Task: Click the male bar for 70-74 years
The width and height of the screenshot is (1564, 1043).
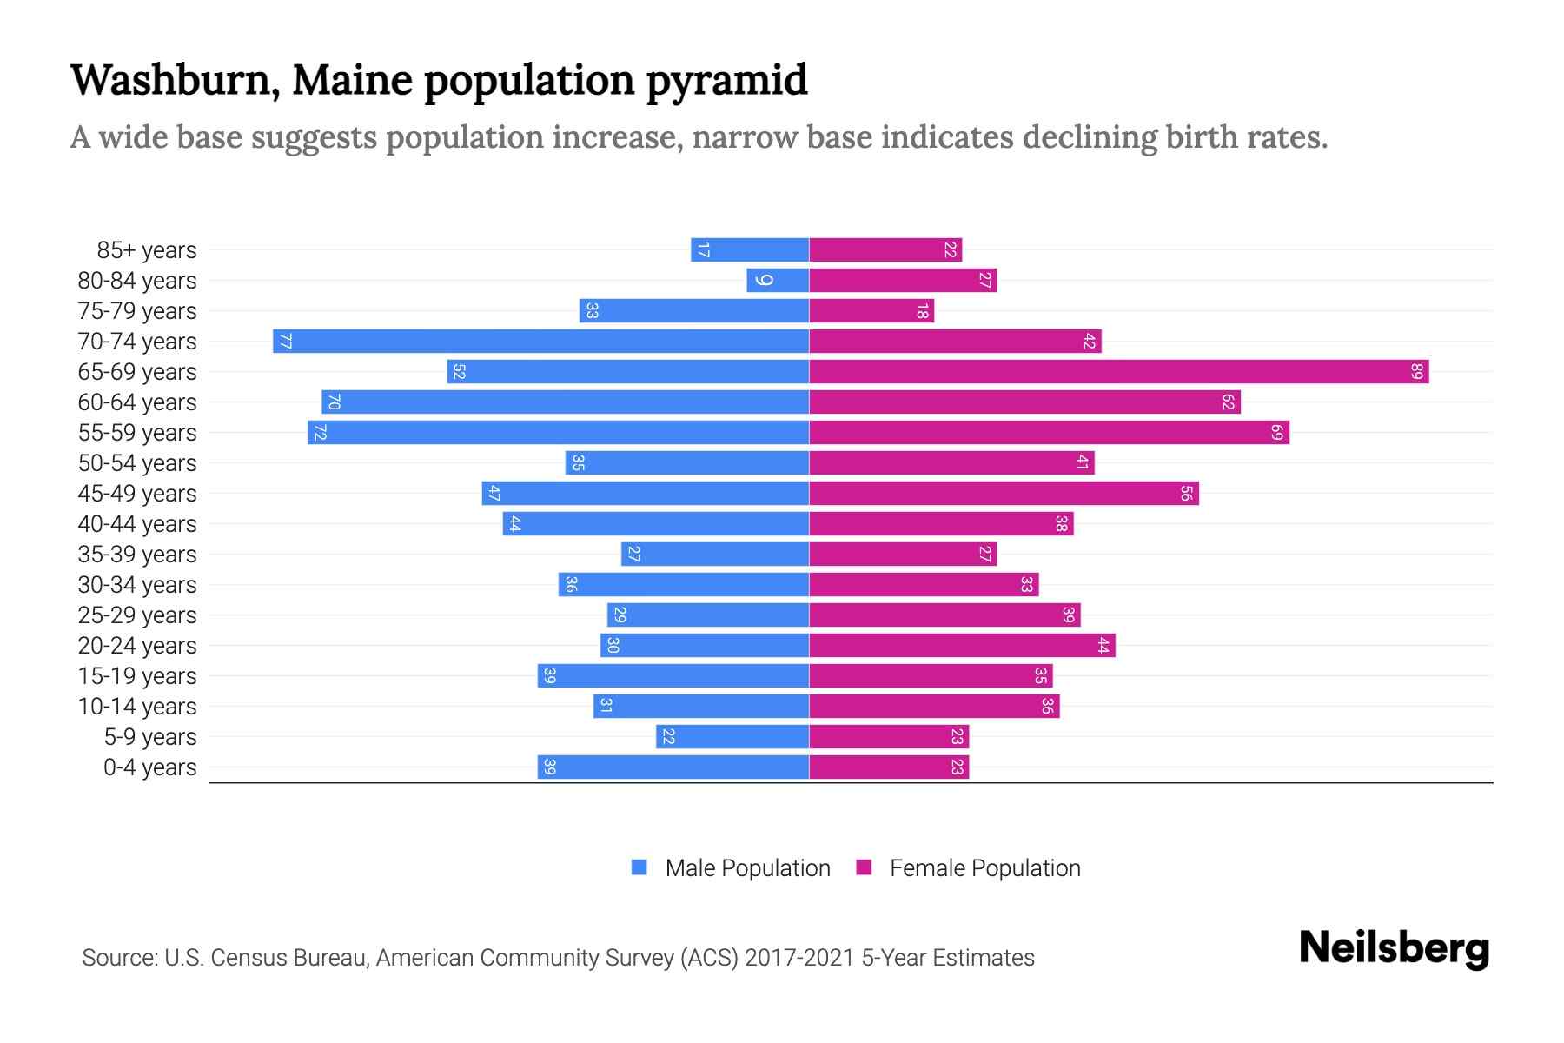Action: (540, 342)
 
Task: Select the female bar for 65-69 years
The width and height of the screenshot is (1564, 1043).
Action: (1119, 372)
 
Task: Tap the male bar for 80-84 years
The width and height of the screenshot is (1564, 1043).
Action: (778, 281)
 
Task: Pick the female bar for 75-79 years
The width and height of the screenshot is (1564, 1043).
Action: (871, 311)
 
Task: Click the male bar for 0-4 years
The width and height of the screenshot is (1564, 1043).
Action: (673, 767)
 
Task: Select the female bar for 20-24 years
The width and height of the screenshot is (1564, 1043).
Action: (962, 646)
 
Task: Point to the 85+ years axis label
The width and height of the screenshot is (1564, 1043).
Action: (147, 250)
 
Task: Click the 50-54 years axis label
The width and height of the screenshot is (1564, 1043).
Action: (137, 463)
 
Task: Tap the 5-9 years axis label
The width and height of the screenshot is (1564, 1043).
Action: (150, 737)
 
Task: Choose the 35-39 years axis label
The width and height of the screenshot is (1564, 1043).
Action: (137, 555)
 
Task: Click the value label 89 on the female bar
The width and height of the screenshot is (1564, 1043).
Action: (1416, 372)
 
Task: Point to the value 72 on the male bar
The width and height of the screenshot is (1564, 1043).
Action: (319, 433)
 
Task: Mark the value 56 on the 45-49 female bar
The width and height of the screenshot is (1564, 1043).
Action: (1186, 494)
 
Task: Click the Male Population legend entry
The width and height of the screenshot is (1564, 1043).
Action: (747, 868)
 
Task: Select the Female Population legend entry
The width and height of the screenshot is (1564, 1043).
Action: (984, 868)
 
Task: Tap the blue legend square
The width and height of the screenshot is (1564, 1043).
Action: (640, 867)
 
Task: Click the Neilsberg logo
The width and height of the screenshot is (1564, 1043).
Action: (1394, 948)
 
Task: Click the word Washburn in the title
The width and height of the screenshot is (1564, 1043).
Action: (175, 80)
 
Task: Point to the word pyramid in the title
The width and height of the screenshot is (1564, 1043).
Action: (726, 80)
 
